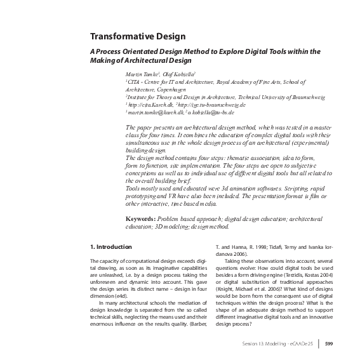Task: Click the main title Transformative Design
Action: (x=137, y=36)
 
